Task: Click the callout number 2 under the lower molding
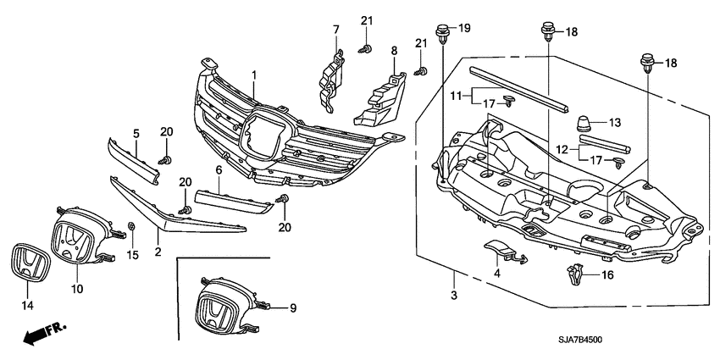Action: click(158, 252)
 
